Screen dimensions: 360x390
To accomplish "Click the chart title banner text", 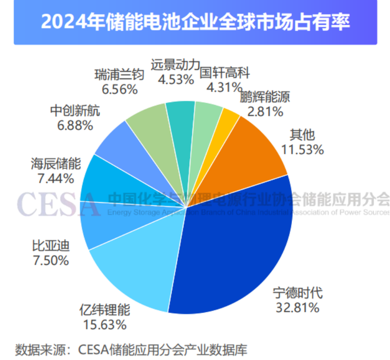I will point(195,22).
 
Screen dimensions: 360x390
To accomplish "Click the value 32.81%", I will point(298,307).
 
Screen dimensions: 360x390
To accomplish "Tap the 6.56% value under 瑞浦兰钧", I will point(120,89).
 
